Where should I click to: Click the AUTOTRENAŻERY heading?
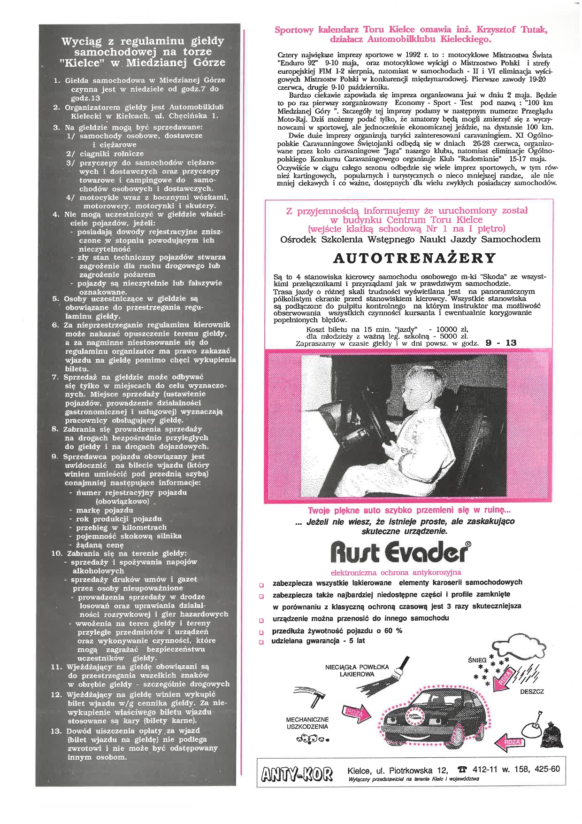[x=414, y=258]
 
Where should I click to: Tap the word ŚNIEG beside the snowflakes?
[x=477, y=660]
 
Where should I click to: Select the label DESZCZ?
[x=531, y=692]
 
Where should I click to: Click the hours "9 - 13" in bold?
[x=501, y=343]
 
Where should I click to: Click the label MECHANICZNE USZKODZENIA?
[x=307, y=723]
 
